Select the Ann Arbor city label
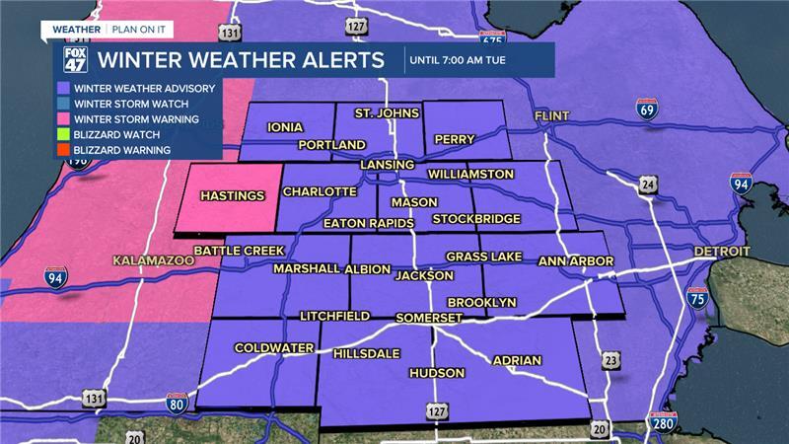pos(576,261)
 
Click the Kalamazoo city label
pos(151,263)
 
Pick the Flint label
pos(552,116)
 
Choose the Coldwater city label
pos(273,348)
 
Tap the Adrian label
pos(517,360)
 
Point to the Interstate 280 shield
pos(663,424)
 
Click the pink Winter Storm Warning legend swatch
pos(63,119)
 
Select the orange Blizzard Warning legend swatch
pos(63,150)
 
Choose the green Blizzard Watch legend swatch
pos(63,135)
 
